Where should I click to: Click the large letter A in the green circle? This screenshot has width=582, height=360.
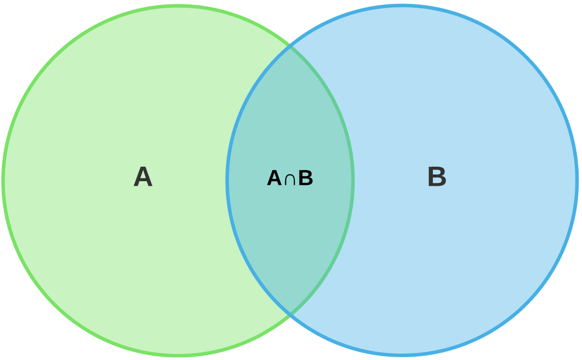pos(143,177)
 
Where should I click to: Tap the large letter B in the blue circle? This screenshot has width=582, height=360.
pos(436,177)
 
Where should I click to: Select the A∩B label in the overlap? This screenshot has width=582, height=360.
pos(290,179)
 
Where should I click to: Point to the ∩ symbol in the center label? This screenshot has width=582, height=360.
pos(290,180)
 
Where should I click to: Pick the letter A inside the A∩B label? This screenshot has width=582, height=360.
pos(274,179)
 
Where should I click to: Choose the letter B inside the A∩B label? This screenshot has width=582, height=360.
pos(306,179)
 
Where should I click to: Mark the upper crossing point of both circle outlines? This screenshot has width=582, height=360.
pos(290,47)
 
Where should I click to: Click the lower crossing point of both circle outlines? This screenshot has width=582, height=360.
pos(290,314)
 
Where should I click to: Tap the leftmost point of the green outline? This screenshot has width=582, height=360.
pos(3,180)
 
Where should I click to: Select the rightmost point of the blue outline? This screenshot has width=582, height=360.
pos(577,180)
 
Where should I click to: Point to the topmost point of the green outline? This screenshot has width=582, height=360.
pos(178,6)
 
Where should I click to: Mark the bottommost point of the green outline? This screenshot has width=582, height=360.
pos(178,355)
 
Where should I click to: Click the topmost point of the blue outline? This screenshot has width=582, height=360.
pos(402,6)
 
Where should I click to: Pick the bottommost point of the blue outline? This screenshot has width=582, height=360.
pos(402,355)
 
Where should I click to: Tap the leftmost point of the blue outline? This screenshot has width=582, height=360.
pos(227,180)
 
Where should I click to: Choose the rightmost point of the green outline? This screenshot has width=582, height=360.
pos(353,180)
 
